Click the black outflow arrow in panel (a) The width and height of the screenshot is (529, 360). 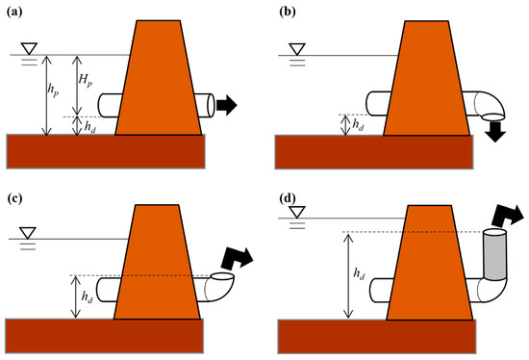[227, 104]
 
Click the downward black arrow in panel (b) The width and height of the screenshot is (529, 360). [497, 128]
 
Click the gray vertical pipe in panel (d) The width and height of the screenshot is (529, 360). [494, 255]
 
